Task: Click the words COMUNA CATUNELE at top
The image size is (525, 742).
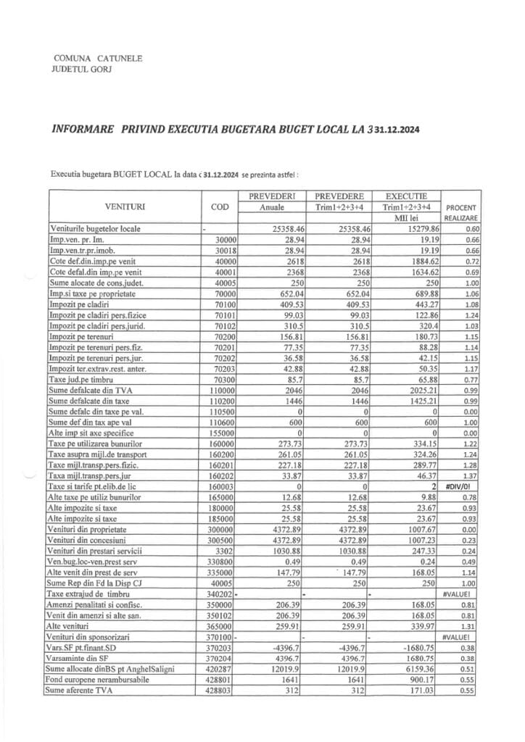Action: tap(99, 57)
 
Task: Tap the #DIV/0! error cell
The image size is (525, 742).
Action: tap(462, 488)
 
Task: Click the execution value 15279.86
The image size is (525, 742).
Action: tap(410, 229)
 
